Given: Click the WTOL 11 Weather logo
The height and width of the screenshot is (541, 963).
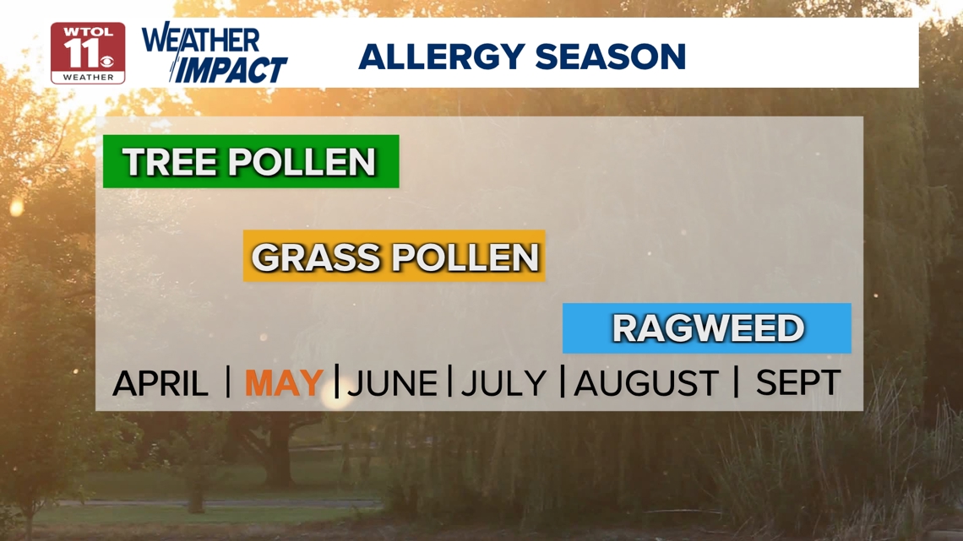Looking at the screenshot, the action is click(x=88, y=53).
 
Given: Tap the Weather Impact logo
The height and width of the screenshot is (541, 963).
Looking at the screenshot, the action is click(x=215, y=53).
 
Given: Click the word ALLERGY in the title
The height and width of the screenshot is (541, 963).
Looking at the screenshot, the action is click(x=442, y=57).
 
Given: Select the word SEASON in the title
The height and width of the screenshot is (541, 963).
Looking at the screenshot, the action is click(x=611, y=57).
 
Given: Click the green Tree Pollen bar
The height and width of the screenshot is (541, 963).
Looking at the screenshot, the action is click(x=251, y=161).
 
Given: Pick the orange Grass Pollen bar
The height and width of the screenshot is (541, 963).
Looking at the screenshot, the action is click(x=394, y=256).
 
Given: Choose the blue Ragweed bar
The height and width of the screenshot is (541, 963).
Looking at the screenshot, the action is click(x=707, y=328).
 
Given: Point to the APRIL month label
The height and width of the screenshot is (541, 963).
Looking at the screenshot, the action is click(x=160, y=383).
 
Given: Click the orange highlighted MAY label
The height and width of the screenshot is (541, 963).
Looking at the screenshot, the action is click(x=284, y=382).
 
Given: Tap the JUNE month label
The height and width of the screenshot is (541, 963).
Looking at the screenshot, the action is click(x=392, y=383).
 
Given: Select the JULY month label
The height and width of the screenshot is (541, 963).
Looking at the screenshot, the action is click(x=503, y=383).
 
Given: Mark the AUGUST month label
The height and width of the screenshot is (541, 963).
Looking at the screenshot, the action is click(x=646, y=383).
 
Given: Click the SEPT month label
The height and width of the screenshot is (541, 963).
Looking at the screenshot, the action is click(x=797, y=382).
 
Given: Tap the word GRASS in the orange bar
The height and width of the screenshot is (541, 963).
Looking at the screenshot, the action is click(x=316, y=257).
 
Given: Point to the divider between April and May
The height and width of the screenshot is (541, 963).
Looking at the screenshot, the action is click(x=228, y=381).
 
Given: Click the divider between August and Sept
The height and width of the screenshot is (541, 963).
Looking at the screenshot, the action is click(x=736, y=381).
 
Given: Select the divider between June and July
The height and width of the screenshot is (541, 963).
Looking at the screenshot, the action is click(x=449, y=381).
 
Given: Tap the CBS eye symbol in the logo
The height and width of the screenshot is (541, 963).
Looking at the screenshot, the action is click(x=107, y=62).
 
